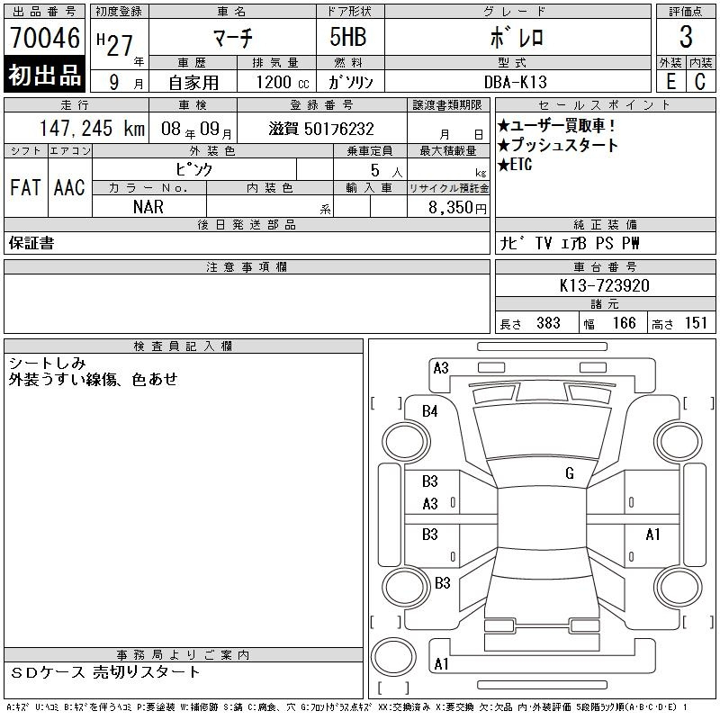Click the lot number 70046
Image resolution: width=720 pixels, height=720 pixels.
45,37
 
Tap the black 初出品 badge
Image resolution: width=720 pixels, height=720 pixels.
44,75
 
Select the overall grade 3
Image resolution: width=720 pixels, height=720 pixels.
686,37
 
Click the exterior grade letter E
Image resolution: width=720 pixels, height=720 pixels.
670,82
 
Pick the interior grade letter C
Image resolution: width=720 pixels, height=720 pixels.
700,82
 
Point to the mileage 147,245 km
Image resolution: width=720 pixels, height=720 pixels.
92,128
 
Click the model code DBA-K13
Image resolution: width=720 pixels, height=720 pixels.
516,82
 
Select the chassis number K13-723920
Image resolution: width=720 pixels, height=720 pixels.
604,285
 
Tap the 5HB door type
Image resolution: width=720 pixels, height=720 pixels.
348,37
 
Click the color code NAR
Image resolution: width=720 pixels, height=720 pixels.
148,207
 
